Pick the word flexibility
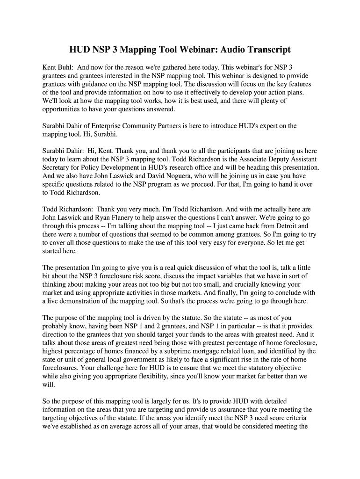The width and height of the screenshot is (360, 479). (x=154, y=377)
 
